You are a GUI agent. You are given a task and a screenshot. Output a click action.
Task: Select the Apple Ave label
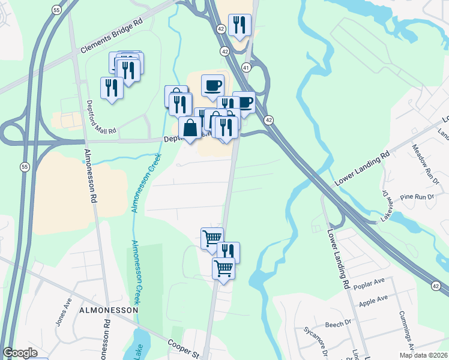point(372,301)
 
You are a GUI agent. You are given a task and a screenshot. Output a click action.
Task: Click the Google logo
point(20,353)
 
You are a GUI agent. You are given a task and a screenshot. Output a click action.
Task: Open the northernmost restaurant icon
point(240,25)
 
